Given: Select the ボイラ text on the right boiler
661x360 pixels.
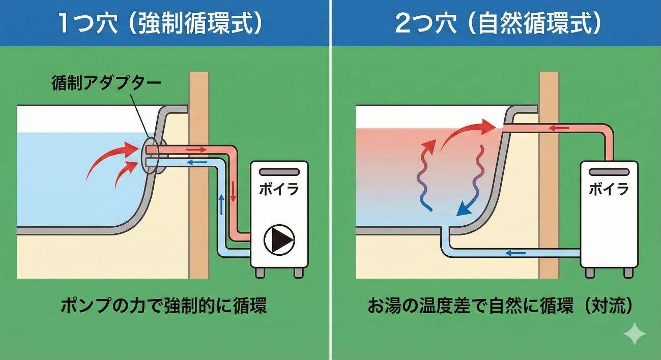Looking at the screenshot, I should point(609,189).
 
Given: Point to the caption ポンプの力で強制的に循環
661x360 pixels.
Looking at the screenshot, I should point(163,306).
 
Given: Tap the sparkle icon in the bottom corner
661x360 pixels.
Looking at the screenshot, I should point(635,334).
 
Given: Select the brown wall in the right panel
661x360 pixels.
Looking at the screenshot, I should point(549,203).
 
